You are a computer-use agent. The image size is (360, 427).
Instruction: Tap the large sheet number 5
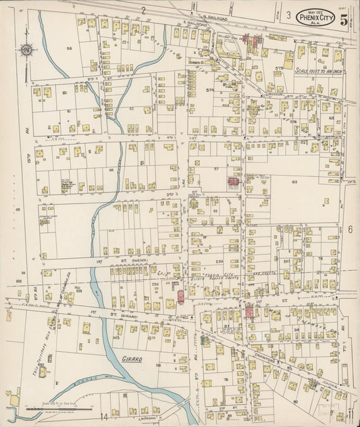tap(344, 19)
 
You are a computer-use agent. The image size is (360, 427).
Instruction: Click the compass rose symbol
tap(26, 49)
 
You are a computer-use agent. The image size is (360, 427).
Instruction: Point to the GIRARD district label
tap(132, 359)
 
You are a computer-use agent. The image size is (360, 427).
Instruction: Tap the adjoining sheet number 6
tap(351, 230)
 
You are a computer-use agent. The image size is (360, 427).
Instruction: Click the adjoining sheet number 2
tap(143, 9)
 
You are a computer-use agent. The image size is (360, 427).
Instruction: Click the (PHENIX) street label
tap(135, 259)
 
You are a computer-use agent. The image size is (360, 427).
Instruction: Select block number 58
tap(69, 49)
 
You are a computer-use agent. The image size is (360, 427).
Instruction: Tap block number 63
tap(294, 182)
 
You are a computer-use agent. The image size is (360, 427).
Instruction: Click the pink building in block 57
tap(234, 182)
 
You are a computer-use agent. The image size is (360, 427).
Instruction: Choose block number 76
tap(224, 380)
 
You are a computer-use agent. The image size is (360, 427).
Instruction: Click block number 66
tap(111, 170)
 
